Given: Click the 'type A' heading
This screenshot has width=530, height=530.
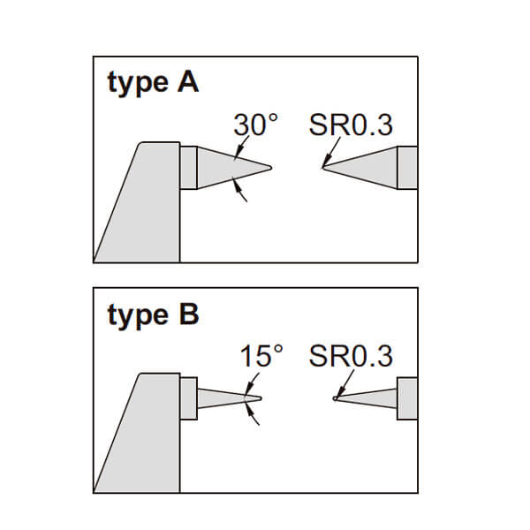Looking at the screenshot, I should pyautogui.click(x=153, y=84).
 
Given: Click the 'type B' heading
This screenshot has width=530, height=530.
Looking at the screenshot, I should pyautogui.click(x=153, y=315).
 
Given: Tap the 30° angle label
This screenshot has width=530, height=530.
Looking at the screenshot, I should pyautogui.click(x=256, y=125).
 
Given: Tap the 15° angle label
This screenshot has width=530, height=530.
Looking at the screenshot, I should pyautogui.click(x=261, y=357).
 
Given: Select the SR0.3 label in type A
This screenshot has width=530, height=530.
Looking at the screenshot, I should pyautogui.click(x=351, y=125).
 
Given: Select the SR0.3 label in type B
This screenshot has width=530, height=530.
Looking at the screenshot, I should pyautogui.click(x=351, y=357).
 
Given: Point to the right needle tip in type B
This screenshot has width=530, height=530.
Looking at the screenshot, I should pyautogui.click(x=335, y=398).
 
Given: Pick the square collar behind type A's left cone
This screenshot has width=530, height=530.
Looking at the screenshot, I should pyautogui.click(x=188, y=168).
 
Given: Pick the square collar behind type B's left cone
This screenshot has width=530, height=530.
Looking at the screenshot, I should pyautogui.click(x=188, y=398).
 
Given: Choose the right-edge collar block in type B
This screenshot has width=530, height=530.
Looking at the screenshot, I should pyautogui.click(x=407, y=398).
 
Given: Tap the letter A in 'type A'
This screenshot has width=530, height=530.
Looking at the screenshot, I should pyautogui.click(x=187, y=84).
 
